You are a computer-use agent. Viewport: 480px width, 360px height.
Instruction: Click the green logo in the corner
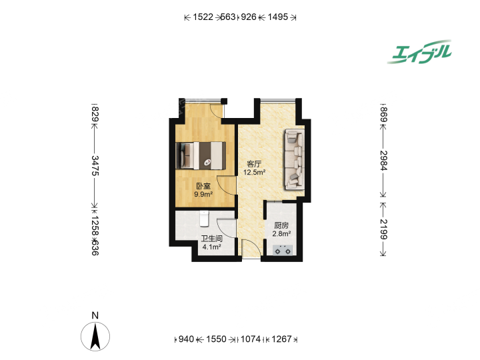(x=419, y=52)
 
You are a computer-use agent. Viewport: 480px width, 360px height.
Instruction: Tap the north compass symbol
(x=95, y=337)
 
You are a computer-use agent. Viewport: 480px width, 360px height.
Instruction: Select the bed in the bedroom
(x=201, y=155)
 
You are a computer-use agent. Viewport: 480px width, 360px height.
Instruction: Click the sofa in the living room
(x=295, y=159)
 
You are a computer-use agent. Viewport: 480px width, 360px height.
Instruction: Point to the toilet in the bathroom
(x=204, y=219)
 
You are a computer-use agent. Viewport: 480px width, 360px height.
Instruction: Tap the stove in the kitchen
(x=283, y=250)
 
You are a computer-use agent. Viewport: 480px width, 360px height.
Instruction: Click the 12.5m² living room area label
(x=254, y=173)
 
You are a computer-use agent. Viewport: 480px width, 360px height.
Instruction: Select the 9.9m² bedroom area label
(x=203, y=194)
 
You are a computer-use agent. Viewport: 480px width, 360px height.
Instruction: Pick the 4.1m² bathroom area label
(x=211, y=247)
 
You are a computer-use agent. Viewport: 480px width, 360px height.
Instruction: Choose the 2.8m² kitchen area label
(x=281, y=234)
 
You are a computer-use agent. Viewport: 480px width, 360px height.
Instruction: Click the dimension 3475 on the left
(x=95, y=165)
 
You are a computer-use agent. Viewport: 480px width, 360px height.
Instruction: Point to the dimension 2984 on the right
(x=383, y=161)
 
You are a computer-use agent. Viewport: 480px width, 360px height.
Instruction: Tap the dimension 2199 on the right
(x=383, y=229)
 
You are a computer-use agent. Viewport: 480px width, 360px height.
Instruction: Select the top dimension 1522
(x=203, y=17)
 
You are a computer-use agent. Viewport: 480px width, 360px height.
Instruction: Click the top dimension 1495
(x=278, y=17)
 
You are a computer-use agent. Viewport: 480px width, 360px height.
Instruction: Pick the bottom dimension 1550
(x=216, y=339)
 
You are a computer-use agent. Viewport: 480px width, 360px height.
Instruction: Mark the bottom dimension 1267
(x=281, y=339)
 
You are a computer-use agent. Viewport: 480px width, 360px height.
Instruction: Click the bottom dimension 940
(x=186, y=339)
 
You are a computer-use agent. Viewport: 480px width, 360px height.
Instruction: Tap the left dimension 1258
(x=95, y=226)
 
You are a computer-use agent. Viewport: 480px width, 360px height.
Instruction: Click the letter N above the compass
(x=95, y=315)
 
